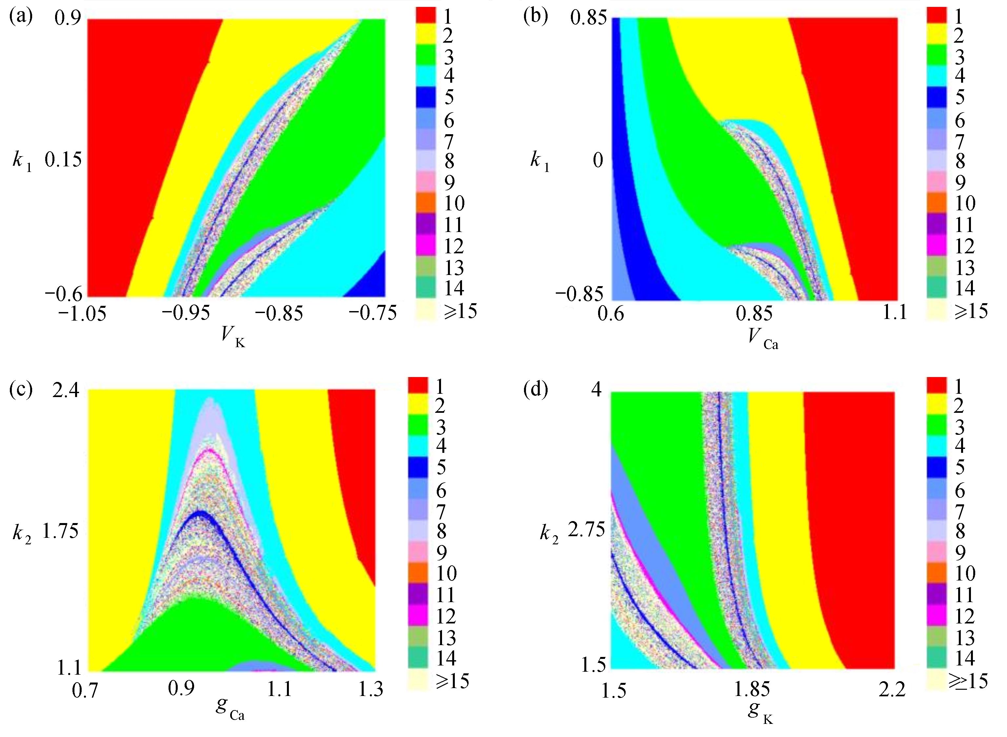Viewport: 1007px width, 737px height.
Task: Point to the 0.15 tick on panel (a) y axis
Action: (63, 159)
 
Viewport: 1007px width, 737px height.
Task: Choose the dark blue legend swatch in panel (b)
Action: (937, 97)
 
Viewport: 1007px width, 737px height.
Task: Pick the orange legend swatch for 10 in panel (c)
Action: (418, 573)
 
